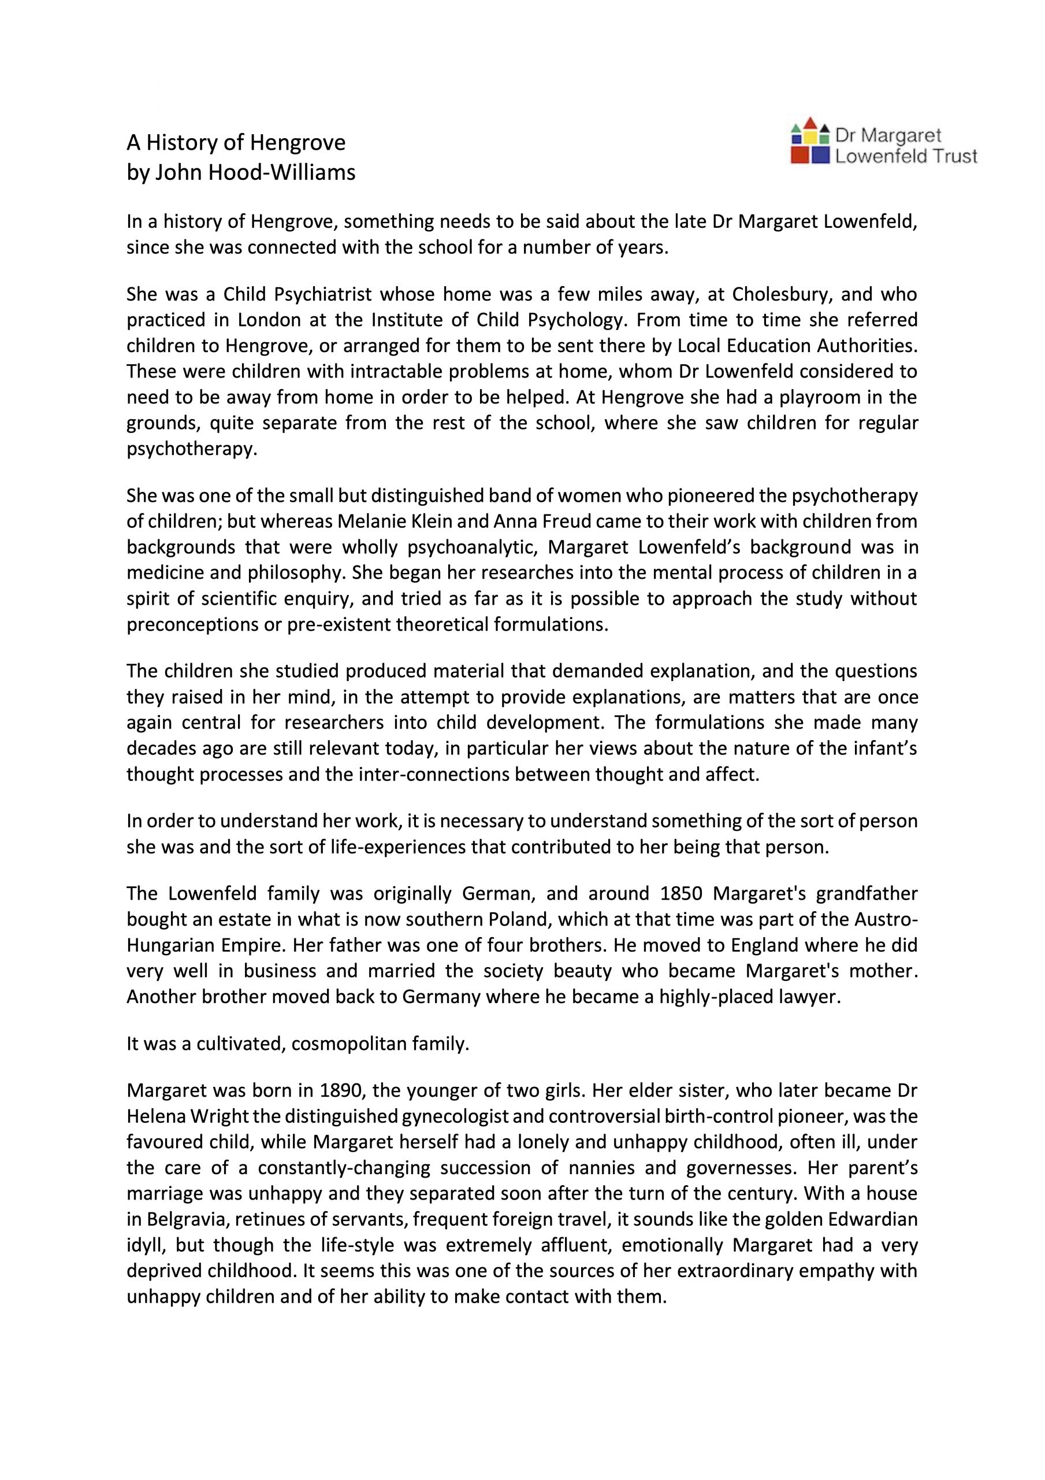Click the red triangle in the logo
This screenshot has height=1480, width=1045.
point(810,123)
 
